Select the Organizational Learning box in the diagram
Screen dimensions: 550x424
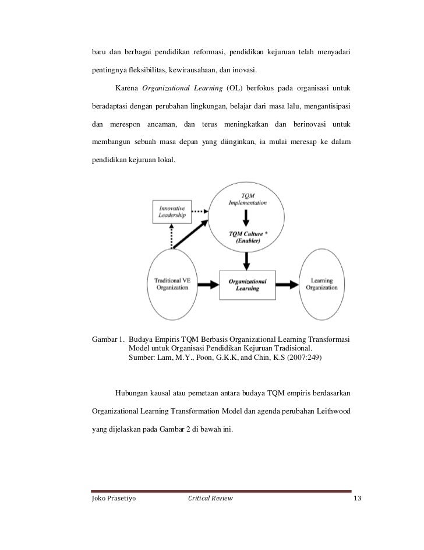pyautogui.click(x=246, y=285)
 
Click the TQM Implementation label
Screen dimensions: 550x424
pyautogui.click(x=247, y=198)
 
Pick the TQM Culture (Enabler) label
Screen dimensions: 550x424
pyautogui.click(x=248, y=236)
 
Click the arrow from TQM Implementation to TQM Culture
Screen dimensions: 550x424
pyautogui.click(x=248, y=219)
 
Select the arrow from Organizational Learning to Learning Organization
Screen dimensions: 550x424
pyautogui.click(x=285, y=285)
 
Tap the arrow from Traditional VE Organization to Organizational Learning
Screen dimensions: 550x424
pyautogui.click(x=210, y=285)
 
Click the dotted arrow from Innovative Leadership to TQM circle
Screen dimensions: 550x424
pyautogui.click(x=199, y=210)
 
